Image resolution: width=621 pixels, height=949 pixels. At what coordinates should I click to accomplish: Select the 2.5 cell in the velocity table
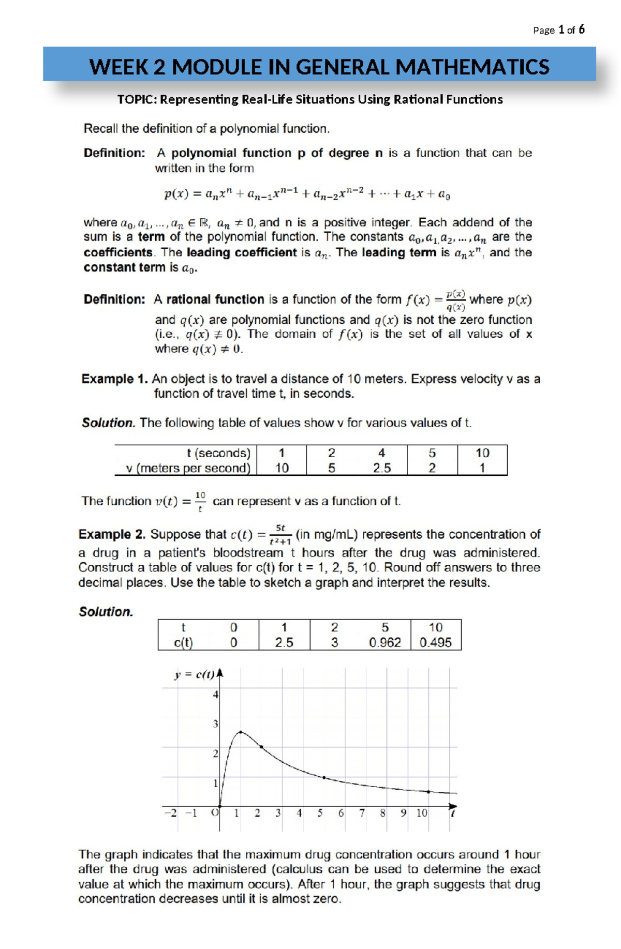pos(382,468)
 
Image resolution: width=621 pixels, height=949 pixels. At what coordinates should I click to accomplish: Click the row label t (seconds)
pos(218,453)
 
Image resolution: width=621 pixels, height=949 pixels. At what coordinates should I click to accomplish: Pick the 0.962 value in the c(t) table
pos(385,642)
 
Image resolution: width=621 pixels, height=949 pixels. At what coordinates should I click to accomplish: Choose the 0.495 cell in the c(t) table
pos(435,642)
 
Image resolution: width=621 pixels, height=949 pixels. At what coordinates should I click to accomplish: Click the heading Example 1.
pos(114,379)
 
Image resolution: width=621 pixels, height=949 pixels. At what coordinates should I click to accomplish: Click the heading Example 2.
pos(112,534)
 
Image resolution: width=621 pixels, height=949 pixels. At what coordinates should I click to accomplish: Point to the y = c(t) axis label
pos(194,674)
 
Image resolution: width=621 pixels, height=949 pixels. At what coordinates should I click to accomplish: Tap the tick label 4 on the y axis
pos(216,694)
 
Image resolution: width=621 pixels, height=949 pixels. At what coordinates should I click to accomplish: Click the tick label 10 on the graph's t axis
pos(422,813)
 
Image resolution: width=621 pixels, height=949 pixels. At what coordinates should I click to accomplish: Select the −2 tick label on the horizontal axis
pos(170,813)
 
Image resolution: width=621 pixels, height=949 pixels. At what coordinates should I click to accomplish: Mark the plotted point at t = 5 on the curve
pos(324,777)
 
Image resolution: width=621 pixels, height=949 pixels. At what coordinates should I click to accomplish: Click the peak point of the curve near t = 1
pos(241,732)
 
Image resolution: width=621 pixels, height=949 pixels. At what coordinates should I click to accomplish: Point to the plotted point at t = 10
pos(428,791)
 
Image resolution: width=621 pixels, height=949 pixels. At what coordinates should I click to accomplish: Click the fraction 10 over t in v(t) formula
pos(200,501)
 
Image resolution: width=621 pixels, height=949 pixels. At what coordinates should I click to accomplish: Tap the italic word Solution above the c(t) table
pos(106,612)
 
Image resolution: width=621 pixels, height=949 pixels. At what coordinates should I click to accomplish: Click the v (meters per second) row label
pos(188,468)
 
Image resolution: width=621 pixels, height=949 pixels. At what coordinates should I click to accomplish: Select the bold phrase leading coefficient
pos(242,252)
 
